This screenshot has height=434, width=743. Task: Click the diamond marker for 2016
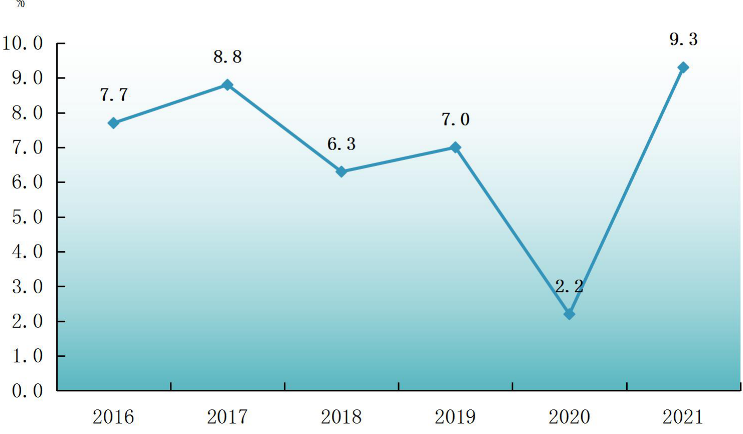[113, 123]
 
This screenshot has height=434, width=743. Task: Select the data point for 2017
[227, 85]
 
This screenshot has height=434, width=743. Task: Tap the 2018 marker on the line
[341, 172]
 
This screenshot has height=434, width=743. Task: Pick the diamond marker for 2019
[455, 148]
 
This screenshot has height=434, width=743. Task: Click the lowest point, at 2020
[570, 314]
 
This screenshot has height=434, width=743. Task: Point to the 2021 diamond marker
[683, 67]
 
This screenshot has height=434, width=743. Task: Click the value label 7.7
[114, 95]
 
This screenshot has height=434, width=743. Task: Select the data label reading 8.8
[228, 57]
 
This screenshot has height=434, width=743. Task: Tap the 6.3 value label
[341, 144]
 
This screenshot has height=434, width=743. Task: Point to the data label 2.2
[569, 286]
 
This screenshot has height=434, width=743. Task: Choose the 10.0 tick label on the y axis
[23, 44]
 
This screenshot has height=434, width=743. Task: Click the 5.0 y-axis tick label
[28, 217]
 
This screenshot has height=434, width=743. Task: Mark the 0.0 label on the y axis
[28, 391]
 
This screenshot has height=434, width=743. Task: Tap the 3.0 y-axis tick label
[28, 286]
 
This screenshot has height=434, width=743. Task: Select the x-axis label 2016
[113, 417]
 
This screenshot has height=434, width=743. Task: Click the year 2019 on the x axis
[455, 417]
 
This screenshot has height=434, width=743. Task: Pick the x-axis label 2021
[683, 417]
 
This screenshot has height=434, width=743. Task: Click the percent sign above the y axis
[20, 4]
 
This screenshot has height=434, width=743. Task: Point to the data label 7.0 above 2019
[456, 120]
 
